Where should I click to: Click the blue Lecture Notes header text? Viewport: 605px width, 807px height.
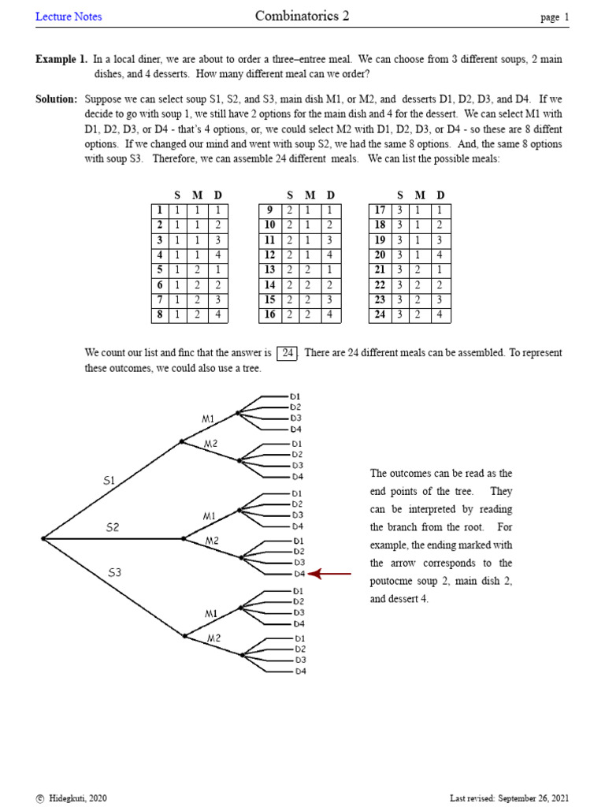69,17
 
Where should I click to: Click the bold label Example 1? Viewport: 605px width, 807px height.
61,59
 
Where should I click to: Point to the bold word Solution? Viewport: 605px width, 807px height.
57,99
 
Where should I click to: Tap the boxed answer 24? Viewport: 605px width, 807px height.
288,353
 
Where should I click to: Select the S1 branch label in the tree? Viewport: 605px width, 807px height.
109,480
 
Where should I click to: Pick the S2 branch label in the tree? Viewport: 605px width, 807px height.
113,527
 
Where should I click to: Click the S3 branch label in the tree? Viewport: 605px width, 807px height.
115,573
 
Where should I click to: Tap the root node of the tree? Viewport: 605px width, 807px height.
43,539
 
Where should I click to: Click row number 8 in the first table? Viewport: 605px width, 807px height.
160,315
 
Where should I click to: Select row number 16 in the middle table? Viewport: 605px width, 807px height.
269,315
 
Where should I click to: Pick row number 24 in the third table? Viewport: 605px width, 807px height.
380,315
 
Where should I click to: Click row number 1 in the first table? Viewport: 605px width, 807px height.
160,210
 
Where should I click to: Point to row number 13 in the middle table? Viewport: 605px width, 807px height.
269,270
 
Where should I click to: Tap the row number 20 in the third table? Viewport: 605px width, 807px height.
380,255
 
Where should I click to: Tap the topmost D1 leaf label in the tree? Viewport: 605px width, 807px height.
296,396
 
